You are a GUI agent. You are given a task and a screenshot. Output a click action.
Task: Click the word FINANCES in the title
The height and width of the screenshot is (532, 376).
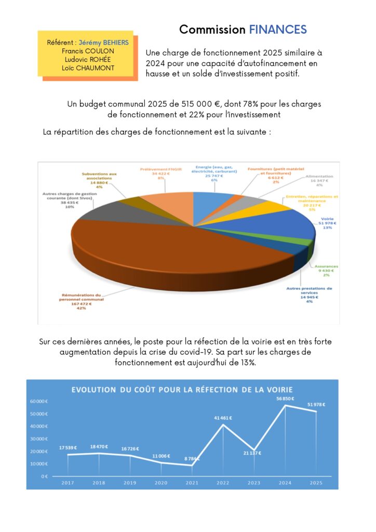point(278,30)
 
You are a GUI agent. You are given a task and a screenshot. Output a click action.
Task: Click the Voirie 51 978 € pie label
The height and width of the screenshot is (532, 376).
point(328,223)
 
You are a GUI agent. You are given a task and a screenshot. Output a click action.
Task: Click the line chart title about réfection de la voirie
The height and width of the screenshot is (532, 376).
point(182,389)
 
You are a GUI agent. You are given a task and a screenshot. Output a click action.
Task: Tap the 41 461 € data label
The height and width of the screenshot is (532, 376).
point(223,418)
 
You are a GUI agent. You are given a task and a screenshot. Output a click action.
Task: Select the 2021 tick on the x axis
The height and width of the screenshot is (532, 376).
point(192,483)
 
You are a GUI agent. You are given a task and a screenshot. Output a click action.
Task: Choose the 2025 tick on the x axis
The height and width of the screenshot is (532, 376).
point(316,483)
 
